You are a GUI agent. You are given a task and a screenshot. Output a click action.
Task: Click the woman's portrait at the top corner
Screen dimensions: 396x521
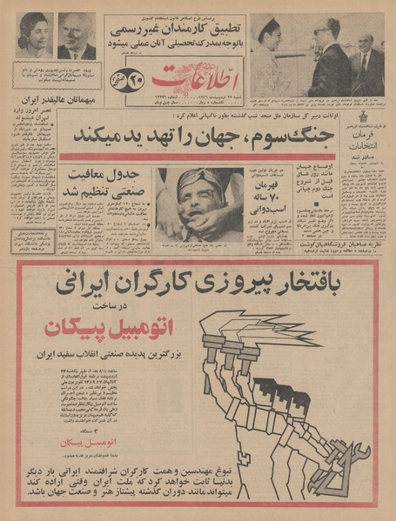click(34, 36)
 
